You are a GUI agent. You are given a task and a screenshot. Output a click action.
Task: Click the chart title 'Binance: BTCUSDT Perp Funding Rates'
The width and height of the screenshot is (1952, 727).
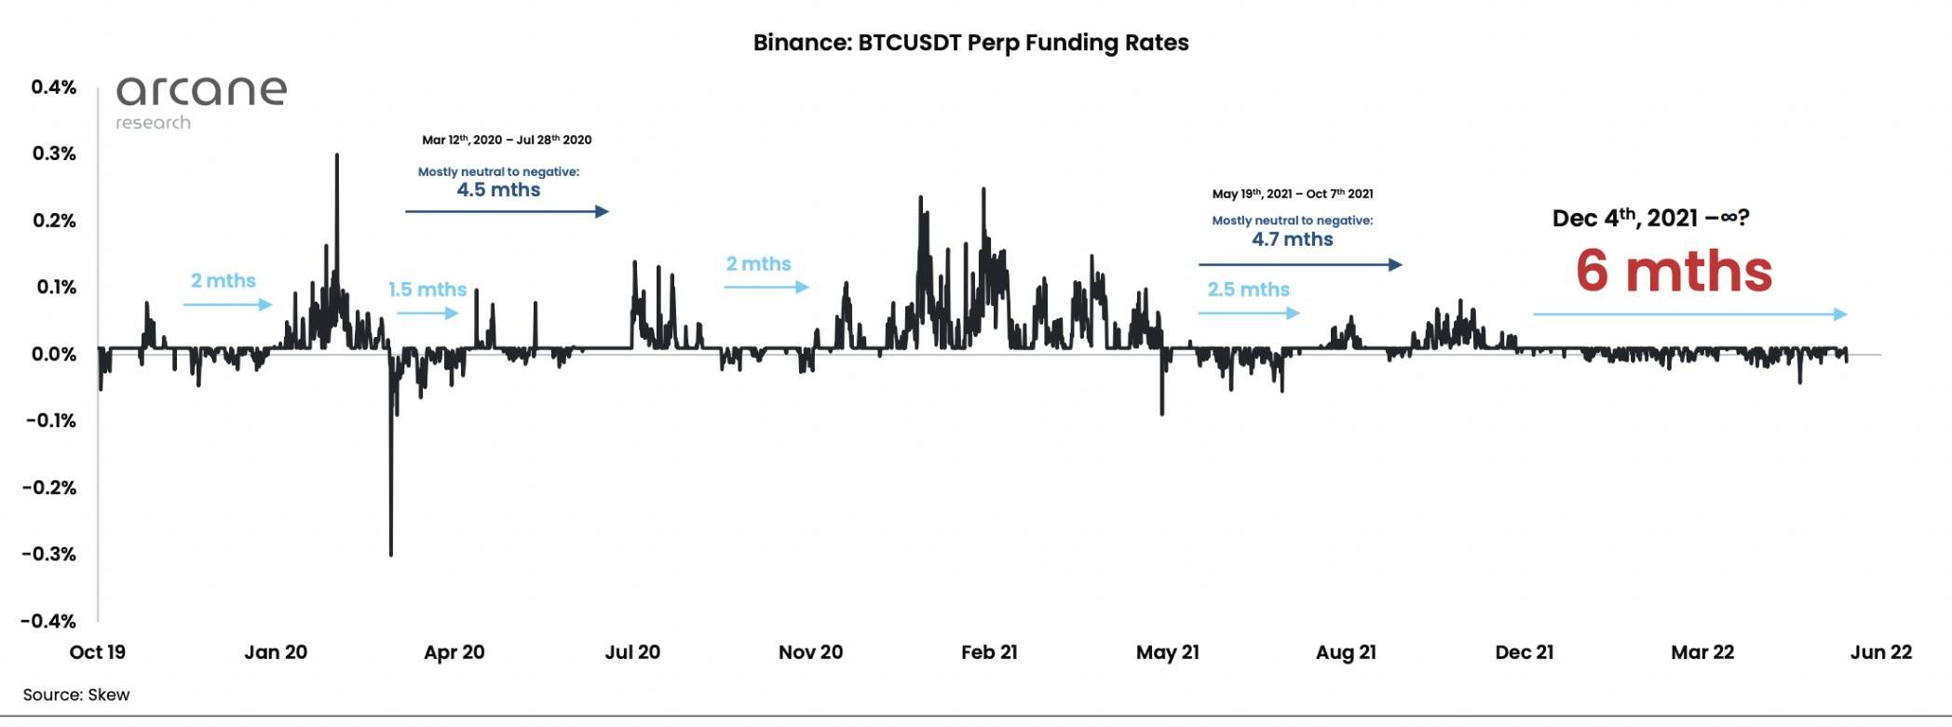pos(970,43)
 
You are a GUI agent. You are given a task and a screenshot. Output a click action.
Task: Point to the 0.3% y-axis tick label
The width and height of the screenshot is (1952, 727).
pos(54,154)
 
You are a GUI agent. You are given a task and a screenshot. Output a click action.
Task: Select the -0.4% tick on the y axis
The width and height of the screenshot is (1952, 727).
pos(49,621)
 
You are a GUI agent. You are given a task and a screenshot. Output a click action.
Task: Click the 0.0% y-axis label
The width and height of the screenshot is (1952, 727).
pos(54,355)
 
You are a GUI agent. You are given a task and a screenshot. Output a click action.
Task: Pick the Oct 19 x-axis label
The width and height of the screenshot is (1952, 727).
pos(98,653)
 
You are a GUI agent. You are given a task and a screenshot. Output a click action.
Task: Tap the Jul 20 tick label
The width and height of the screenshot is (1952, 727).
pos(632,653)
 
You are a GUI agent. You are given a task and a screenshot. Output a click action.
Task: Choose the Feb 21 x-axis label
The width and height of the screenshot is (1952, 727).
pos(989,653)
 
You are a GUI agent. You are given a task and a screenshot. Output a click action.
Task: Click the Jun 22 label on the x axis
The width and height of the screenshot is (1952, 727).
pos(1880,653)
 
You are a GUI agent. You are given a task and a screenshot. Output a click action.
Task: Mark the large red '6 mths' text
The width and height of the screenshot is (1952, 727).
pos(1674,271)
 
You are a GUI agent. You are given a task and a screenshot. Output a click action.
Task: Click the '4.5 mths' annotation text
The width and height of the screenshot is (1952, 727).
pos(498,190)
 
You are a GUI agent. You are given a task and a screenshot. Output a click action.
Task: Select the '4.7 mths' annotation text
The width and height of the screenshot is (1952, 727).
pos(1292,239)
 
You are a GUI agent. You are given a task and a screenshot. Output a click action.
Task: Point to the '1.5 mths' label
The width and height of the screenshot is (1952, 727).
pos(427,289)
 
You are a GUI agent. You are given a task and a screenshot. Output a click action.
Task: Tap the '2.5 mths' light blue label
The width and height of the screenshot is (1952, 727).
pos(1248,289)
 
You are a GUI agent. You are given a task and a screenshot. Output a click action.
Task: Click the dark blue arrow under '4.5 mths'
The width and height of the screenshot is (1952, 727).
pos(507,212)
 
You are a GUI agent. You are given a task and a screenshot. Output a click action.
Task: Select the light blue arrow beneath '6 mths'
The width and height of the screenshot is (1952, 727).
pos(1689,315)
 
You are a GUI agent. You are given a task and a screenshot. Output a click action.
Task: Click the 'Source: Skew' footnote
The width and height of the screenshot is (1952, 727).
pos(76,695)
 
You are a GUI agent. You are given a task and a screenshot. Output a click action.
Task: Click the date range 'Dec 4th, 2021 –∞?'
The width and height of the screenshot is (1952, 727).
pos(1650,219)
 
